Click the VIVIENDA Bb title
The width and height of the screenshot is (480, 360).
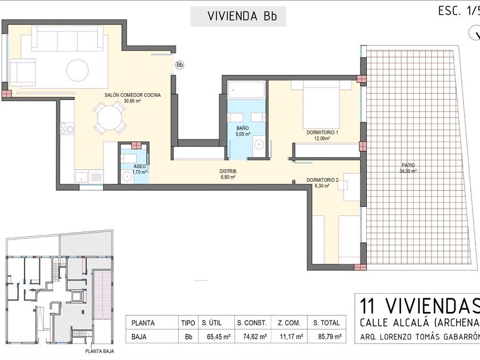pos(242,16)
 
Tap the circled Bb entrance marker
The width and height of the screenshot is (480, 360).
pos(179,65)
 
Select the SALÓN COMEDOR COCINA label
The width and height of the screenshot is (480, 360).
pos(133,95)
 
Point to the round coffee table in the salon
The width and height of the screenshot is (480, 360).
pos(78,70)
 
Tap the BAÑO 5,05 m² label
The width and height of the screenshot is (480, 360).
pos(243,131)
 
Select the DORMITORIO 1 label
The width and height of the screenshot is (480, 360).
pos(322,133)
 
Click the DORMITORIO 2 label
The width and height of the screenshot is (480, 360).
pos(322,181)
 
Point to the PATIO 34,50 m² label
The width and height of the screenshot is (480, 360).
pos(408,168)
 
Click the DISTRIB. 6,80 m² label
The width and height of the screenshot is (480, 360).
pos(229,174)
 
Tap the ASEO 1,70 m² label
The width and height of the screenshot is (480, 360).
pos(139,169)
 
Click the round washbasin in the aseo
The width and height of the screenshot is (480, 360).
pos(126,177)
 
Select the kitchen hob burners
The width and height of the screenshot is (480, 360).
pos(67,128)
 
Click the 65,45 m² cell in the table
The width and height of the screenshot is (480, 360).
pos(218,337)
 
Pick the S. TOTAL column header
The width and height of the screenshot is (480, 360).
pos(326,323)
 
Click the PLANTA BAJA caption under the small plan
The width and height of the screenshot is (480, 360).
pos(99,351)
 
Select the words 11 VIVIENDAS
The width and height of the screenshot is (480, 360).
pos(419,306)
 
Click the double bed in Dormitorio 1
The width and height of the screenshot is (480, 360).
pos(321,105)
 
